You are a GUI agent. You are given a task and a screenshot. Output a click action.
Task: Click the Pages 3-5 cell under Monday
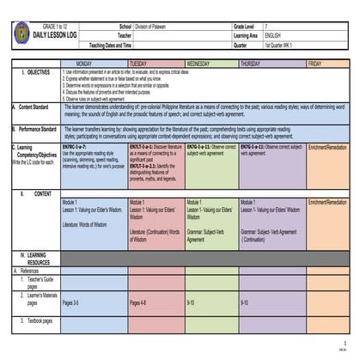click(x=71, y=302)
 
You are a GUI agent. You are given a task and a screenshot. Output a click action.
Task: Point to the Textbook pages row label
click(x=40, y=320)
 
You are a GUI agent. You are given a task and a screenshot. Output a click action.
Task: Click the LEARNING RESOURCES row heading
click(x=38, y=259)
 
